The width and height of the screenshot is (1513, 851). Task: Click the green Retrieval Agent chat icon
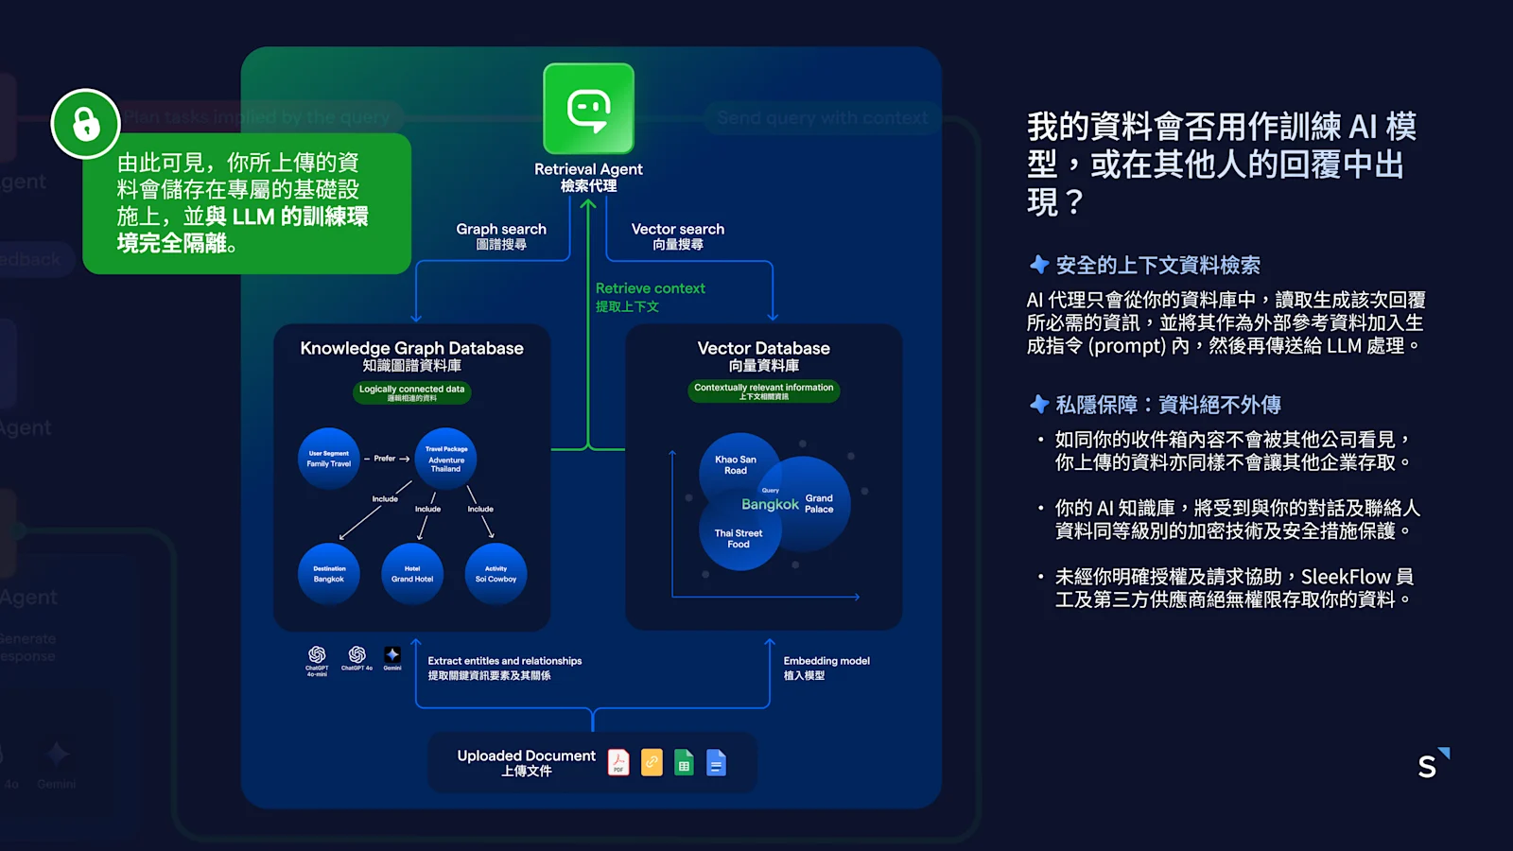click(x=588, y=109)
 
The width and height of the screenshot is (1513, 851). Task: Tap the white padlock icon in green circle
click(x=86, y=124)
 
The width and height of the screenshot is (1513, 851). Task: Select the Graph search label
click(x=501, y=235)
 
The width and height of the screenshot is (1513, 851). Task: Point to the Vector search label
click(x=678, y=235)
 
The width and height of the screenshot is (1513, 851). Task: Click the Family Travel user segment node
click(x=329, y=460)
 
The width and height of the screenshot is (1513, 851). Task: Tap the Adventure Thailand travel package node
click(x=446, y=460)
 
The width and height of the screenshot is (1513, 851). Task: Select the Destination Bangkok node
click(x=329, y=574)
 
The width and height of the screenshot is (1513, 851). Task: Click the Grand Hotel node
click(x=412, y=574)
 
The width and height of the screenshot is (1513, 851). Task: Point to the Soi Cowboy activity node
click(x=496, y=574)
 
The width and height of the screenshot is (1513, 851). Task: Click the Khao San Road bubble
click(x=736, y=464)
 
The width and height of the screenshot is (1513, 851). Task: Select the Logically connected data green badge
click(x=411, y=392)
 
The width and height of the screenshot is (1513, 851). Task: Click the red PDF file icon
click(x=618, y=762)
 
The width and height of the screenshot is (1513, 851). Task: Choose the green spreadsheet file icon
click(x=684, y=762)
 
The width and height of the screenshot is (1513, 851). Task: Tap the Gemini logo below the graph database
click(x=392, y=655)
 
